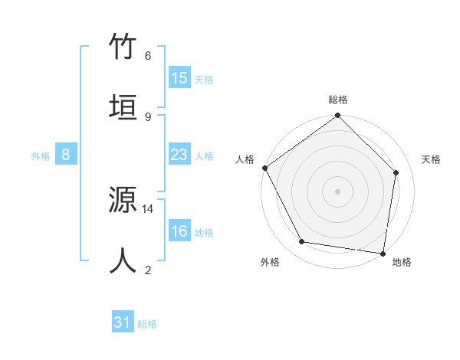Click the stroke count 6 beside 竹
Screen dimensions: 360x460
(148, 55)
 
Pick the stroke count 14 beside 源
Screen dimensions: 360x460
(148, 208)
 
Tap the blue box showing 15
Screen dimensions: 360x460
(179, 78)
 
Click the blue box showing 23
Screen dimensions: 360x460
(179, 155)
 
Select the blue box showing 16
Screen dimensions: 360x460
(179, 232)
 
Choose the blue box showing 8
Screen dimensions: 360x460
(66, 155)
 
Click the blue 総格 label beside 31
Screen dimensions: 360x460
(147, 324)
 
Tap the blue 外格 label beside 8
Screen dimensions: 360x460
(41, 156)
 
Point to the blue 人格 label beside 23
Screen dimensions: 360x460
(204, 156)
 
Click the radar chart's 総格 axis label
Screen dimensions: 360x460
(338, 100)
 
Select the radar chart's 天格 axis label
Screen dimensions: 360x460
(432, 159)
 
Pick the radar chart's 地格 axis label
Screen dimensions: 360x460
(402, 262)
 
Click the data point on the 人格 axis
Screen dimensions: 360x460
(264, 168)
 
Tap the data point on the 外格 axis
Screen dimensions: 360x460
(302, 242)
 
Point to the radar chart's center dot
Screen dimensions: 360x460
(338, 191)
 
